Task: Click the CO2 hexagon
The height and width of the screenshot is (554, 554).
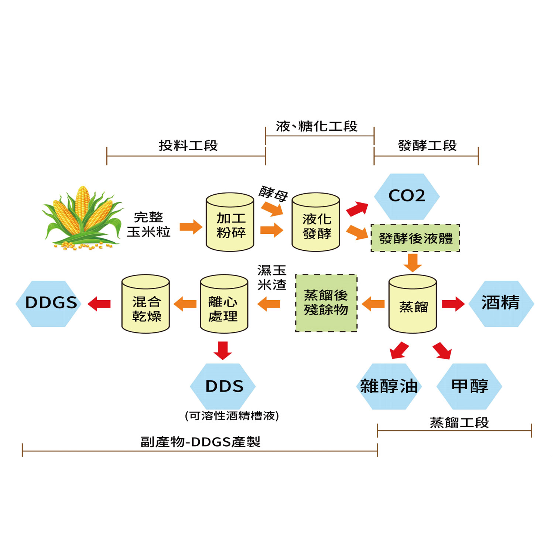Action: pyautogui.click(x=407, y=196)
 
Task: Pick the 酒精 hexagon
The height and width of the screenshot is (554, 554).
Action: pyautogui.click(x=501, y=304)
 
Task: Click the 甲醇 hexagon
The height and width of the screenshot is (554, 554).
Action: pyautogui.click(x=469, y=386)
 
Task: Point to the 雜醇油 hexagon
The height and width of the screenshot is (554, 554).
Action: pyautogui.click(x=389, y=386)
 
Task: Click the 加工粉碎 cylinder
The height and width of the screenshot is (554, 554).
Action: pyautogui.click(x=230, y=222)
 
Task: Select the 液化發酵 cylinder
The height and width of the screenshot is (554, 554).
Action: pyautogui.click(x=316, y=222)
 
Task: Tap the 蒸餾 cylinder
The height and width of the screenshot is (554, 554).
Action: pyautogui.click(x=413, y=304)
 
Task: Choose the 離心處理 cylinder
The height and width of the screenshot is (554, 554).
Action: pyautogui.click(x=224, y=304)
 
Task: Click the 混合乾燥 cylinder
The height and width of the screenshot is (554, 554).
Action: pyautogui.click(x=146, y=304)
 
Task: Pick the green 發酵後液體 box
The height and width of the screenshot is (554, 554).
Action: pyautogui.click(x=415, y=238)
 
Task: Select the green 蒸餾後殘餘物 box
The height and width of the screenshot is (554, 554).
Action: pyautogui.click(x=326, y=303)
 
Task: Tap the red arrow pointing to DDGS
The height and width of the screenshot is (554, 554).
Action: pyautogui.click(x=99, y=304)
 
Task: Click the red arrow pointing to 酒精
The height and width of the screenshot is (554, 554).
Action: pyautogui.click(x=453, y=304)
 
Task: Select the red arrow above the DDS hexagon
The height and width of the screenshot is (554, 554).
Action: pyautogui.click(x=223, y=350)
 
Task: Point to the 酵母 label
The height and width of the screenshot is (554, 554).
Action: pyautogui.click(x=273, y=193)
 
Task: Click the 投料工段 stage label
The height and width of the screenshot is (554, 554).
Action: pyautogui.click(x=188, y=146)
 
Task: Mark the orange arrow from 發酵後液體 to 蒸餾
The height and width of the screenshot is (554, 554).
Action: pyautogui.click(x=413, y=263)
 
